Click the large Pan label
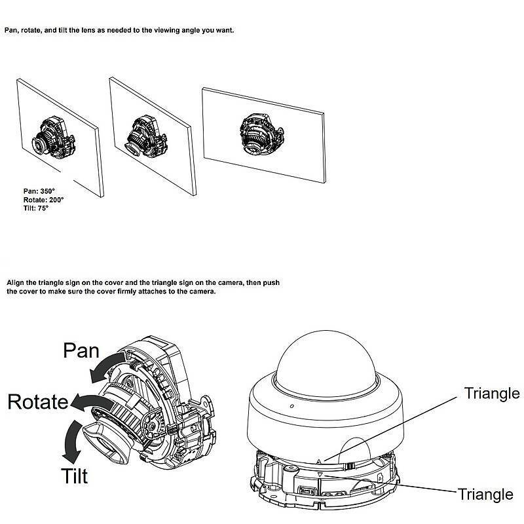click(81, 350)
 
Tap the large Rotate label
click(38, 402)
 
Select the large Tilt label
click(74, 476)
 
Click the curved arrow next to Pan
click(107, 367)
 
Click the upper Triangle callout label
click(492, 394)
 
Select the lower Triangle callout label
click(485, 495)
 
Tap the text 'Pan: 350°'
click(39, 191)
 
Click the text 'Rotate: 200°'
click(43, 200)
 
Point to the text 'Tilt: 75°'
click(36, 208)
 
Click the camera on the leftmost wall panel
click(54, 138)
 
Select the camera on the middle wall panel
click(146, 137)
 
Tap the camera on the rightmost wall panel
click(261, 134)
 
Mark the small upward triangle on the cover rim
click(318, 462)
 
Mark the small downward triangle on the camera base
click(320, 474)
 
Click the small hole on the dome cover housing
click(291, 406)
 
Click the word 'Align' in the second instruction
click(15, 283)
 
